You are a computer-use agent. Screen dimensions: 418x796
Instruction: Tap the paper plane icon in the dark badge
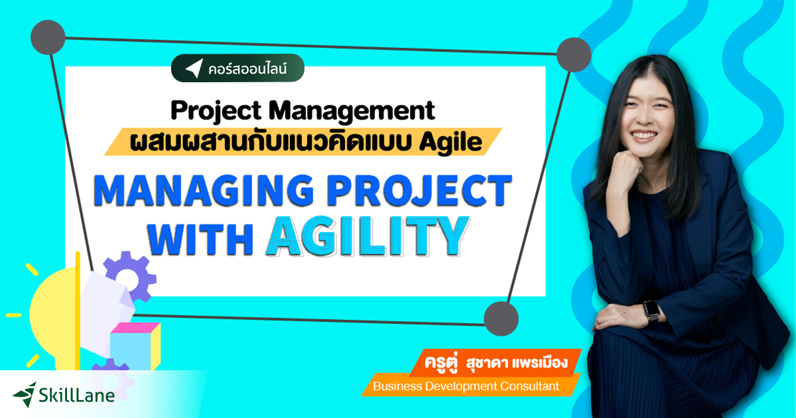point(193,68)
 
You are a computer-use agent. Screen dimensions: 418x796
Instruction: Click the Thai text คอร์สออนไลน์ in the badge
point(251,68)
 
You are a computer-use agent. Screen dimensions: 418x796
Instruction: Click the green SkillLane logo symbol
point(25,394)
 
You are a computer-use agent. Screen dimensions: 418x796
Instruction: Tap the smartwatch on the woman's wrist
point(651,311)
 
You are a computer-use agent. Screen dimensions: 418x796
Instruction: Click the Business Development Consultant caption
point(466,385)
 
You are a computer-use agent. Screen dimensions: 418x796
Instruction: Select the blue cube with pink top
point(135,342)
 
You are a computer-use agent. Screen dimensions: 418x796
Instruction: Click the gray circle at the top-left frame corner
point(47,38)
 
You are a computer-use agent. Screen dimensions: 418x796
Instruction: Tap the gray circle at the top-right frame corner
point(573,54)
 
